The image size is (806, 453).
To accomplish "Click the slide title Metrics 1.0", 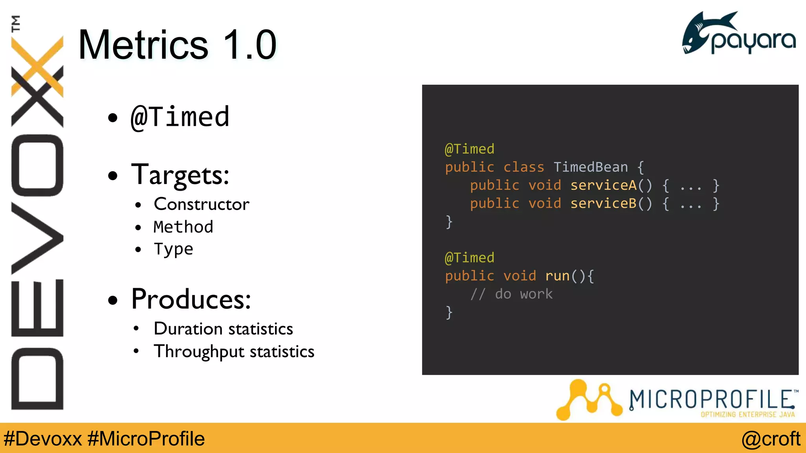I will (177, 45).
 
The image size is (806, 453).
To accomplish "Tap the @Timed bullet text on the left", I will (180, 117).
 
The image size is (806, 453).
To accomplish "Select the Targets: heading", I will (180, 175).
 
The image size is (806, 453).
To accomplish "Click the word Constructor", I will (201, 204).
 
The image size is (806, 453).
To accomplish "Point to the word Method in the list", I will (183, 227).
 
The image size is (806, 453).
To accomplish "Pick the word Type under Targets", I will (174, 249).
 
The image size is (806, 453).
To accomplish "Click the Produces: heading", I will (191, 299).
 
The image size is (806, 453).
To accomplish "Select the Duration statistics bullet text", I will (223, 329).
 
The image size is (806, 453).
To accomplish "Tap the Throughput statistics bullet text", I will (234, 352).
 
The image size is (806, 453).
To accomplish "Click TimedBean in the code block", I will (590, 167).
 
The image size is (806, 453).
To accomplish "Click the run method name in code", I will (557, 276).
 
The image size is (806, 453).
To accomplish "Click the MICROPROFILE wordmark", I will (712, 400).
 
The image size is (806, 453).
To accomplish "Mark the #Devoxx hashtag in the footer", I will (43, 439).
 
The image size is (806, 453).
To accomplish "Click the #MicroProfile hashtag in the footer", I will (146, 439).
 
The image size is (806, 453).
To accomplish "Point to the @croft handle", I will (771, 439).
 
